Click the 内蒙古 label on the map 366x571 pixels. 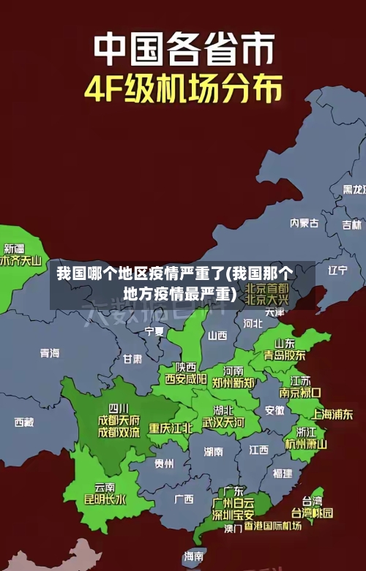click(x=304, y=202)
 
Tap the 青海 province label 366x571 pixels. click(x=50, y=353)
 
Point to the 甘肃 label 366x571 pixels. click(x=132, y=359)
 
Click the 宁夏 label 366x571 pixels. click(x=154, y=331)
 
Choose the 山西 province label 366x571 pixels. click(x=217, y=336)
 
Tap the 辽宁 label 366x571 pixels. click(x=337, y=270)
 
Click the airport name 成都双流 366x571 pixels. click(x=119, y=432)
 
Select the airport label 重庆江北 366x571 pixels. click(x=171, y=428)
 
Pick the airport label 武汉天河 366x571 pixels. click(x=223, y=423)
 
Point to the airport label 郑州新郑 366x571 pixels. click(x=234, y=382)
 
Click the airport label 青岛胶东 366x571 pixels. click(x=285, y=355)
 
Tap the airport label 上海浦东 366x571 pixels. click(x=332, y=414)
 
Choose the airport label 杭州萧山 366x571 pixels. click(x=306, y=444)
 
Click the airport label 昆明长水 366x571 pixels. click(x=105, y=500)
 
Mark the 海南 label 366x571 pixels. click(x=194, y=556)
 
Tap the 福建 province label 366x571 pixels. click(x=282, y=474)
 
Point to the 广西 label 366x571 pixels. click(x=184, y=499)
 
